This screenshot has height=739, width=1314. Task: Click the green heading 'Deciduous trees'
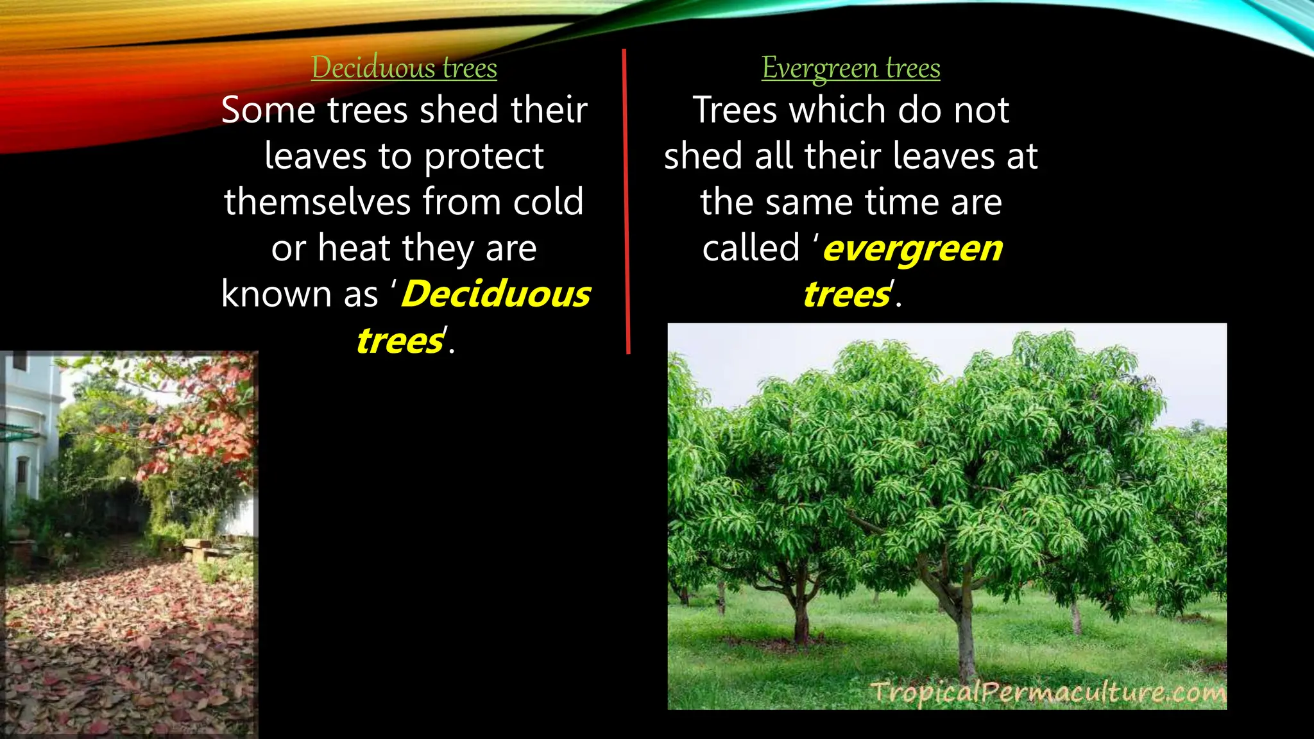click(404, 68)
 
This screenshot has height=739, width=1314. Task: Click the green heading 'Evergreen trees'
click(851, 68)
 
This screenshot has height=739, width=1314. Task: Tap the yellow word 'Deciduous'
click(496, 294)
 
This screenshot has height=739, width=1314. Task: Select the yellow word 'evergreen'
click(912, 249)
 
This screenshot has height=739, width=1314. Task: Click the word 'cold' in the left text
click(549, 202)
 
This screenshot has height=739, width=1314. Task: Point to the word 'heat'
click(354, 248)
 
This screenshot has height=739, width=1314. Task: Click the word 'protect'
click(484, 157)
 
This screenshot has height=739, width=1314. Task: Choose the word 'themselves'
click(317, 202)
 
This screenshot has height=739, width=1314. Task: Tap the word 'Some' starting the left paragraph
click(269, 110)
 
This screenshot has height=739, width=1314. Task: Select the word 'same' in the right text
click(810, 202)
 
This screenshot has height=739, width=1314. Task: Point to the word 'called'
click(751, 248)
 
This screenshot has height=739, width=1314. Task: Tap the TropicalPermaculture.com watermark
click(1047, 693)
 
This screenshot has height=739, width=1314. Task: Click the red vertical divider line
click(626, 199)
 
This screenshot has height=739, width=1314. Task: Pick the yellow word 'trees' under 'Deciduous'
click(400, 341)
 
